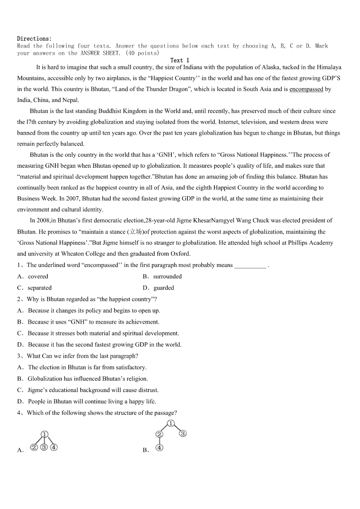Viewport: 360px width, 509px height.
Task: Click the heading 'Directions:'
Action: click(x=34, y=39)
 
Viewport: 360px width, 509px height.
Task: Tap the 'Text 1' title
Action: click(x=180, y=60)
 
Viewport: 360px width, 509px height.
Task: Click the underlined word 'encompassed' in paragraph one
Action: click(x=306, y=89)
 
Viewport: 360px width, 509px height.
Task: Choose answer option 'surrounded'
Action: click(x=167, y=276)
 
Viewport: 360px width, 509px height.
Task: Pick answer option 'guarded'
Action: click(x=164, y=288)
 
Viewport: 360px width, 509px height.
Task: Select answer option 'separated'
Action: click(x=40, y=288)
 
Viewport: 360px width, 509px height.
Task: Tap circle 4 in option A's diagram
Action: click(x=54, y=447)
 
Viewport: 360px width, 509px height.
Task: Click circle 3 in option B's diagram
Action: click(x=183, y=433)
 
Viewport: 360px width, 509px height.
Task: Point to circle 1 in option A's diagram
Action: click(x=44, y=435)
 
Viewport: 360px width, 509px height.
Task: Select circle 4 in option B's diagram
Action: click(x=159, y=447)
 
